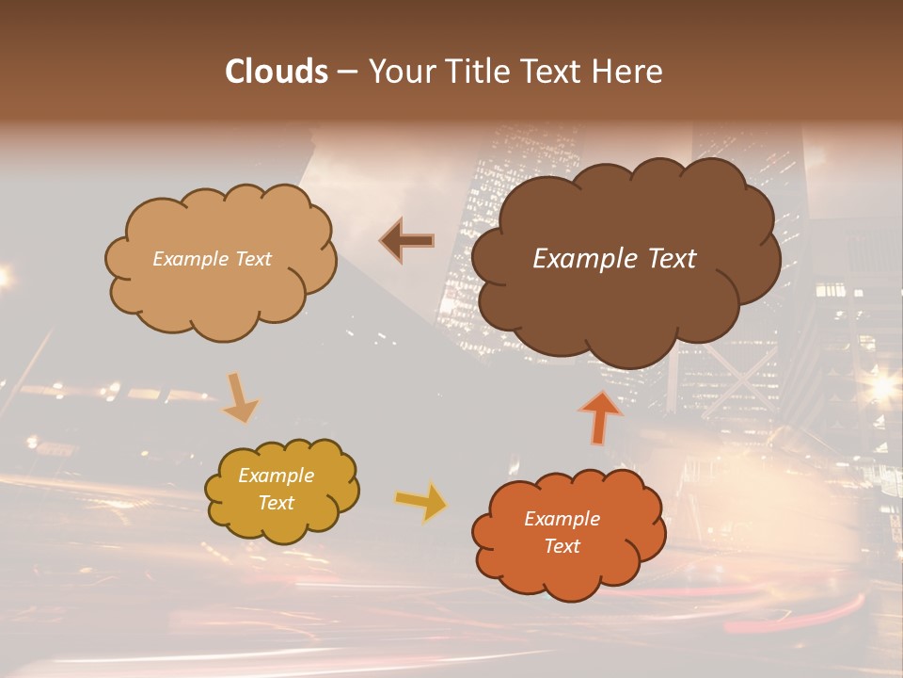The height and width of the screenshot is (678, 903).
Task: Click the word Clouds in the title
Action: (x=277, y=72)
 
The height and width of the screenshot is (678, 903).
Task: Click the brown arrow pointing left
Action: (x=406, y=241)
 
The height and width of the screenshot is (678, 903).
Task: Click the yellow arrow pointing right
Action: (x=420, y=501)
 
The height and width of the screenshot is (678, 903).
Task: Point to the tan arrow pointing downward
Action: (x=239, y=397)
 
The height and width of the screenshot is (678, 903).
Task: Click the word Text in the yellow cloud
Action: (x=276, y=503)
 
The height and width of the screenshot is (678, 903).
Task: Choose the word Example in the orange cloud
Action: (x=562, y=519)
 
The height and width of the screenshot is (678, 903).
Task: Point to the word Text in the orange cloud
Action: (x=562, y=546)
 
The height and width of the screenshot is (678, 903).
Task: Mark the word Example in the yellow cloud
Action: (x=276, y=476)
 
